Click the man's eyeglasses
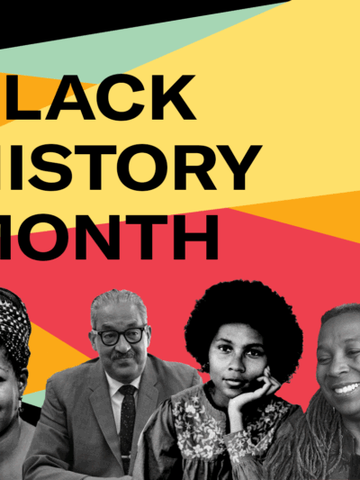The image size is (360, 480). point(119,336)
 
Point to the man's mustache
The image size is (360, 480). point(121,354)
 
